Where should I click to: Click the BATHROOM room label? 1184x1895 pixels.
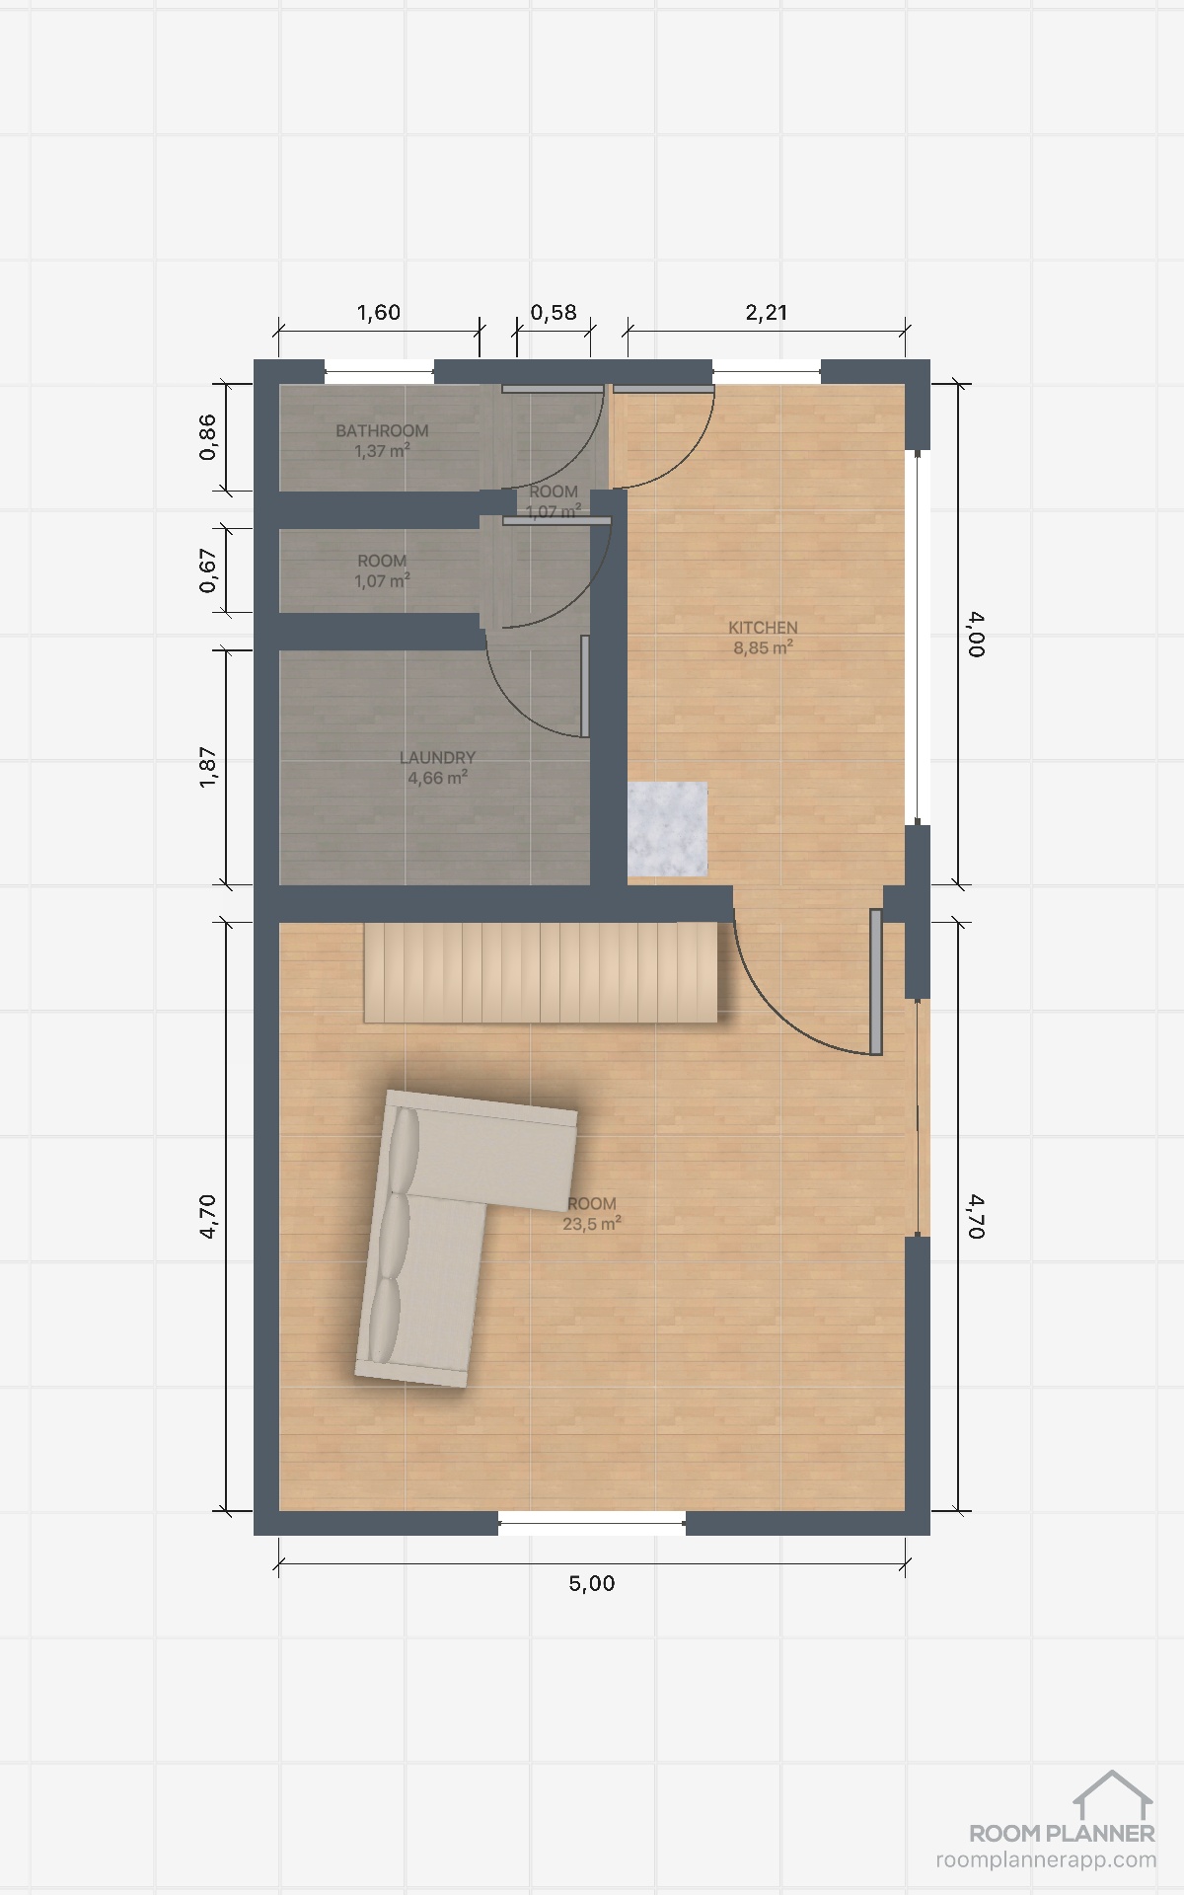click(x=382, y=430)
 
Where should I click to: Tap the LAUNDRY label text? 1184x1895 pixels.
click(x=437, y=757)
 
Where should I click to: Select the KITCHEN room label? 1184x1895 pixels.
click(x=763, y=627)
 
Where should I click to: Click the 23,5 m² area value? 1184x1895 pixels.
click(x=592, y=1224)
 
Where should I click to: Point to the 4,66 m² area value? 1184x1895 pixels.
click(x=437, y=778)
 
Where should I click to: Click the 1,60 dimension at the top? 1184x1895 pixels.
click(x=379, y=313)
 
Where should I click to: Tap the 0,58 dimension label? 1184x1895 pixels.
click(x=554, y=313)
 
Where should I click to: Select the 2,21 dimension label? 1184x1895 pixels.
click(x=767, y=313)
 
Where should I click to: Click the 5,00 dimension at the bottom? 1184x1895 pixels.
click(x=592, y=1583)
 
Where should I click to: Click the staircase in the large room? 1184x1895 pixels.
click(x=541, y=972)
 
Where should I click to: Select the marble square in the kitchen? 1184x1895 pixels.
click(x=668, y=828)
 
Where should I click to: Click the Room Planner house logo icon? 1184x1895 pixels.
click(x=1113, y=1794)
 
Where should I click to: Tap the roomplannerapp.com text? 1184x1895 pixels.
click(x=1046, y=1859)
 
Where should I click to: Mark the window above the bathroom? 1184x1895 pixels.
click(x=380, y=373)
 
